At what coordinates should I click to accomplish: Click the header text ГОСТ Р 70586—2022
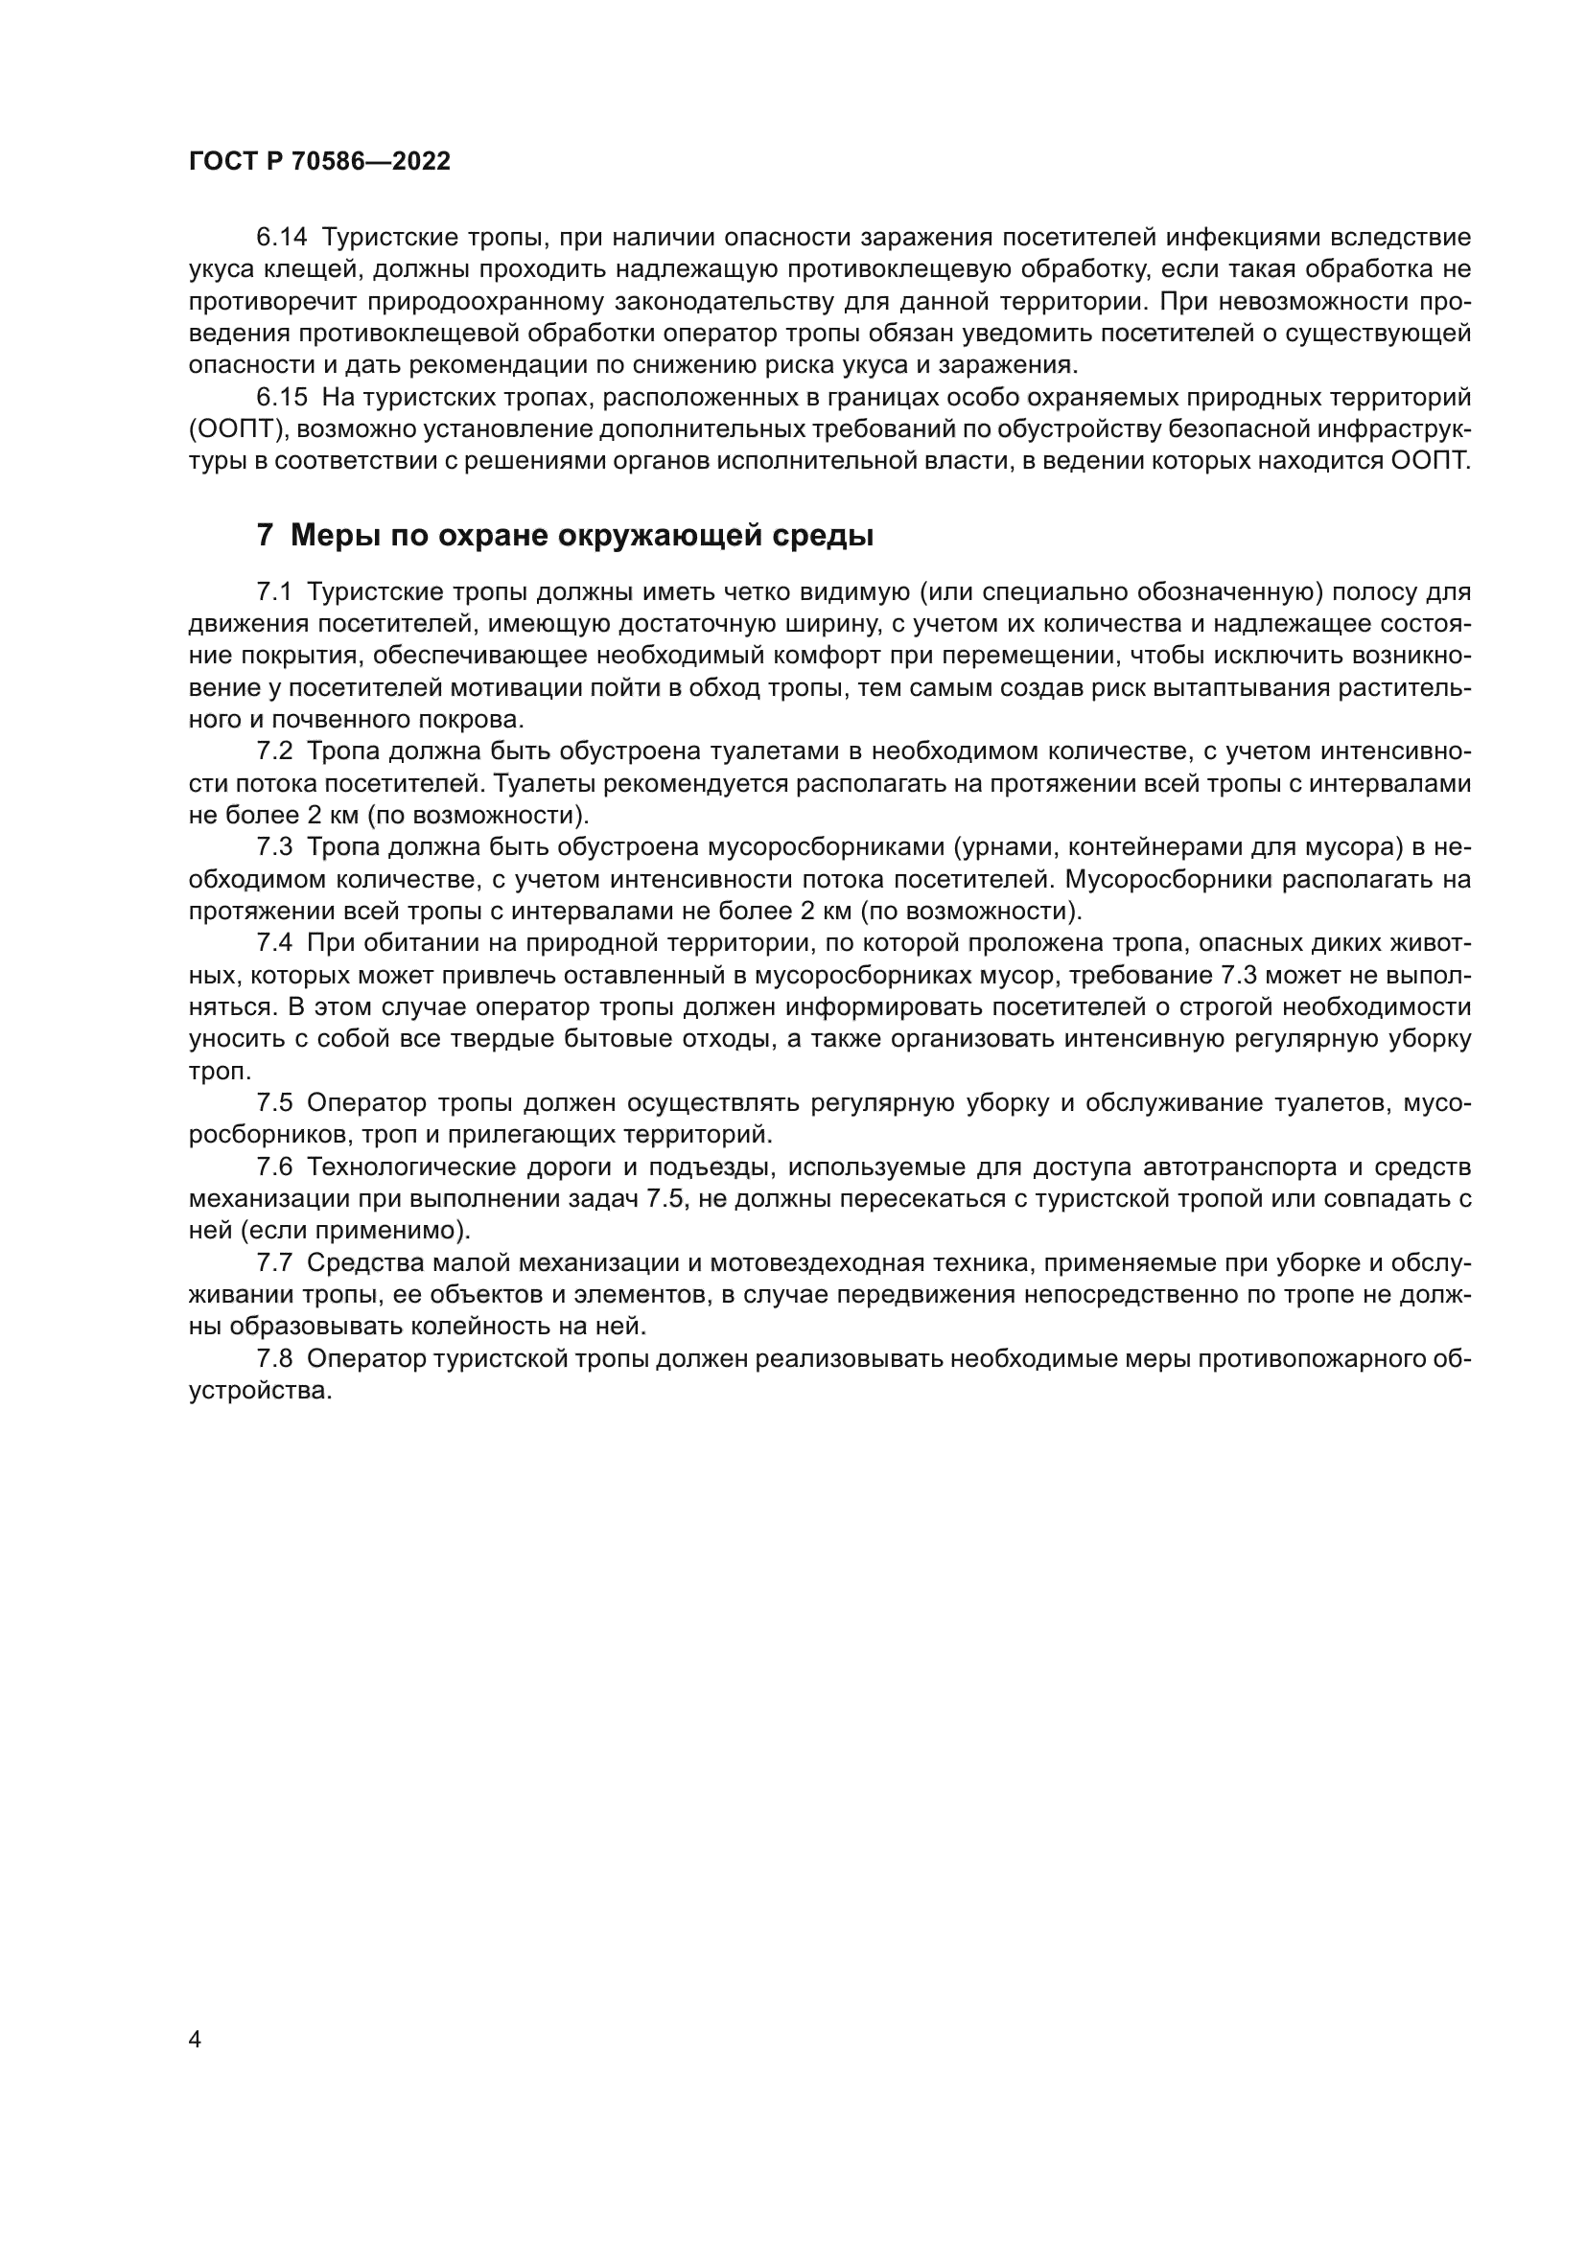(x=319, y=162)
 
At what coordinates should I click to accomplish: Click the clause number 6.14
(x=281, y=238)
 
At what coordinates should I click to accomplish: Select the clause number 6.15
(x=281, y=398)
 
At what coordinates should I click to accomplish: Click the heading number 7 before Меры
(x=265, y=536)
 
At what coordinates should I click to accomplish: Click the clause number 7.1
(x=274, y=591)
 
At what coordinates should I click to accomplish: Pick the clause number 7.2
(x=274, y=751)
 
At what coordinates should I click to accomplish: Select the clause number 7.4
(x=274, y=943)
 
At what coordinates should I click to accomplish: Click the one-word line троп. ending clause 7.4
(x=216, y=1072)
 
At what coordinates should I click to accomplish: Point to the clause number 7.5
(x=274, y=1103)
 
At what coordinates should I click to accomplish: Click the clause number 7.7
(x=274, y=1262)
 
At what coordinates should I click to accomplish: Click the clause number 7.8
(x=274, y=1359)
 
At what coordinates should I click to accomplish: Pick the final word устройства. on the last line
(x=261, y=1391)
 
